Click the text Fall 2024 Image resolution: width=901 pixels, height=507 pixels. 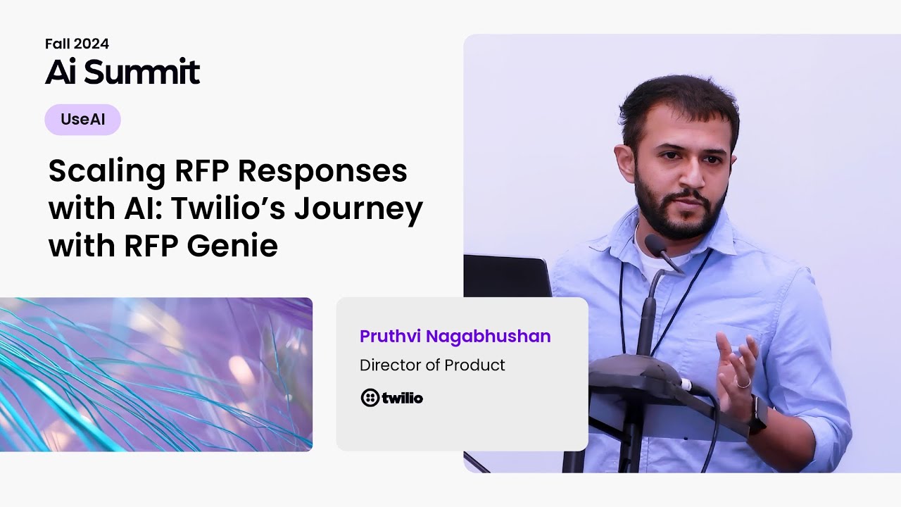pyautogui.click(x=77, y=44)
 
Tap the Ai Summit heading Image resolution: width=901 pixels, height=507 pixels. pyautogui.click(x=122, y=72)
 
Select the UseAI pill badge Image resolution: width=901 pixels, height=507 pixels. pyautogui.click(x=82, y=120)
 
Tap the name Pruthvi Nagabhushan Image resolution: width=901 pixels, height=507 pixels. pyautogui.click(x=455, y=337)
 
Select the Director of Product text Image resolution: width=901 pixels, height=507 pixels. pyautogui.click(x=432, y=365)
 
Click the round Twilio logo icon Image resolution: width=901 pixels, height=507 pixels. pyautogui.click(x=370, y=398)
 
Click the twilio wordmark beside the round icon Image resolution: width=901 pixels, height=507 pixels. pyautogui.click(x=402, y=398)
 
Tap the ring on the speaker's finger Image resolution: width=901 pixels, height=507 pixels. pyautogui.click(x=743, y=383)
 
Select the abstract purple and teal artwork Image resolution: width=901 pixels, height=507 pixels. pyautogui.click(x=156, y=374)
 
